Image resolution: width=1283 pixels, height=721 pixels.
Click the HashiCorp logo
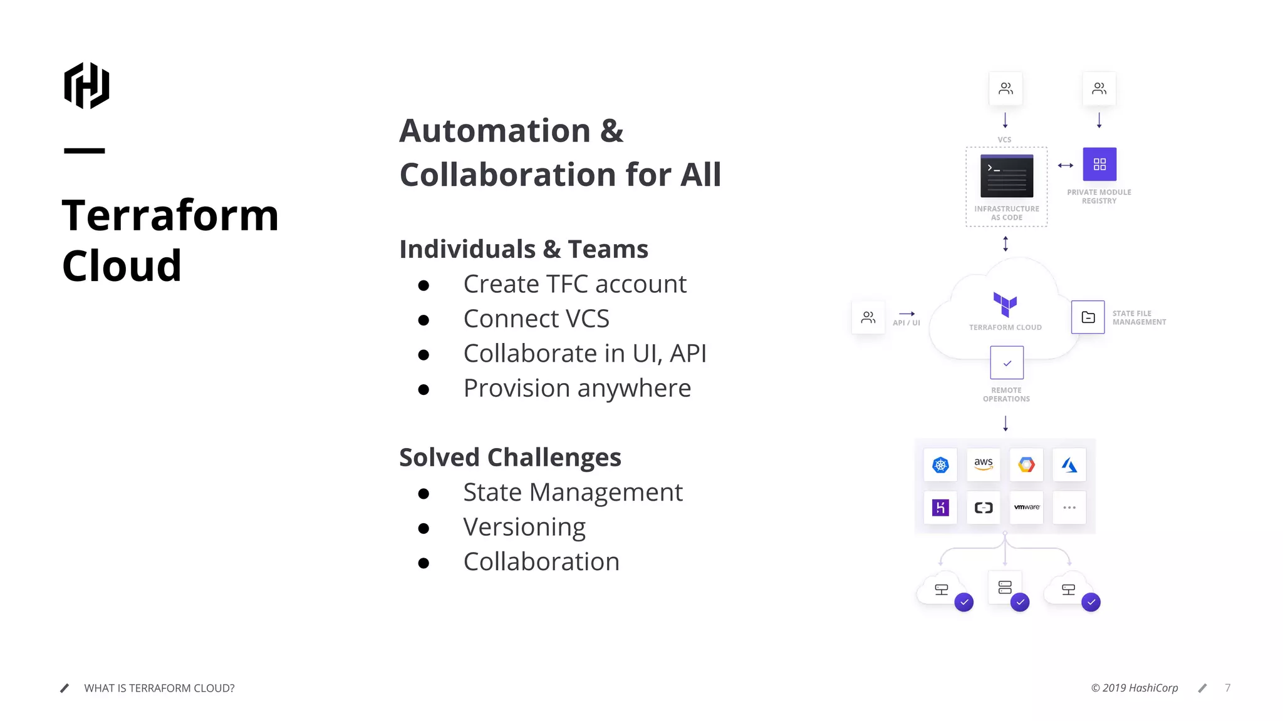(86, 86)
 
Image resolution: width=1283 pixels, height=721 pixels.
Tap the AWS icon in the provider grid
(983, 464)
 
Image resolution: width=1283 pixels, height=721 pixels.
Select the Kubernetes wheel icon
(940, 464)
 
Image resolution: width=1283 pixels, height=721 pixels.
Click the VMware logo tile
(1026, 507)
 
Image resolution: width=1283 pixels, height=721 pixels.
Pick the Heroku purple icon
(940, 507)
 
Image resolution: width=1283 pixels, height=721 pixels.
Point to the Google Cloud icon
(1026, 464)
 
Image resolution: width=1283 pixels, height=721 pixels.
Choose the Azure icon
(1069, 464)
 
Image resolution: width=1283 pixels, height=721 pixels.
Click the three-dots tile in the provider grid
(1069, 507)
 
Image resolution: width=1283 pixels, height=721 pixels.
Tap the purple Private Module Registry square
(1099, 164)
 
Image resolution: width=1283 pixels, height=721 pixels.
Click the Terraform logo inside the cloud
(1005, 305)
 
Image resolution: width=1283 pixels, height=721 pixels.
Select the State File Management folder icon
(1088, 317)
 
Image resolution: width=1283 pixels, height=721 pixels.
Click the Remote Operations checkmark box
(1007, 363)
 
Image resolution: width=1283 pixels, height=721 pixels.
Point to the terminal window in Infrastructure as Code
(1007, 176)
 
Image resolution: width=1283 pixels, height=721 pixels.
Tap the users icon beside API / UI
(868, 317)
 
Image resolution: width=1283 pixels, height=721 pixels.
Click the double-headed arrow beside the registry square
(1065, 165)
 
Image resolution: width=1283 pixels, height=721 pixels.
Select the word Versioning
(524, 527)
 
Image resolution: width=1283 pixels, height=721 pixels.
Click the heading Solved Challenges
(510, 458)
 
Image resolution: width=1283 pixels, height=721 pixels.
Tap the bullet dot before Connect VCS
(423, 320)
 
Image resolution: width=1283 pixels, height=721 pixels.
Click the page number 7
(1227, 688)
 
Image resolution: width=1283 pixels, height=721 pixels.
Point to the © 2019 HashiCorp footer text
(1135, 688)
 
